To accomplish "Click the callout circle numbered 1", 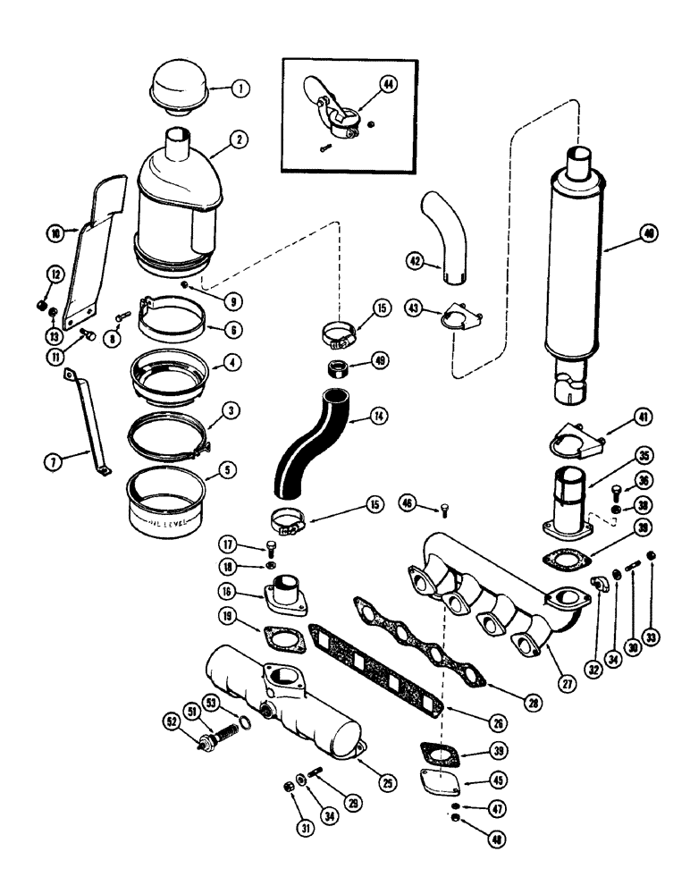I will (x=240, y=89).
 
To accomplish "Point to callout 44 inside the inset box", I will (x=388, y=84).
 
